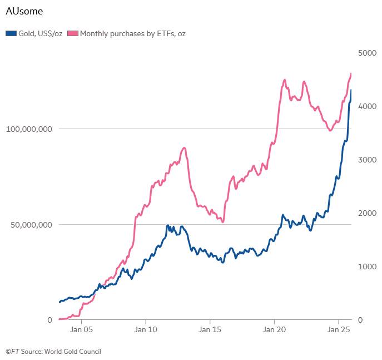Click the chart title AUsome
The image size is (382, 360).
[24, 11]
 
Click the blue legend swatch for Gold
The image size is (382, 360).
[11, 33]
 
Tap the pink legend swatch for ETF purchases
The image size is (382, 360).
[73, 33]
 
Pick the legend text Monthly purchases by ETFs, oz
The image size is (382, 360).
[133, 33]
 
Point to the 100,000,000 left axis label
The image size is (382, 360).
[29, 129]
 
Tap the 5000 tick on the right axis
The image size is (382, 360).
[368, 53]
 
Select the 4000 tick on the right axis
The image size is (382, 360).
[368, 106]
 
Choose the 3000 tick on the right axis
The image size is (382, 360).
[368, 160]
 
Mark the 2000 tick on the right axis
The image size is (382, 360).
[368, 213]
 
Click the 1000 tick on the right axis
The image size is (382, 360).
[368, 267]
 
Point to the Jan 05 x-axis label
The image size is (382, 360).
[81, 329]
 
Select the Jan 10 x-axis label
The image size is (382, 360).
[145, 329]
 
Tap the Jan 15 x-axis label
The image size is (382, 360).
[210, 329]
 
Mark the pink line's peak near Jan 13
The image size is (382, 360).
[184, 147]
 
